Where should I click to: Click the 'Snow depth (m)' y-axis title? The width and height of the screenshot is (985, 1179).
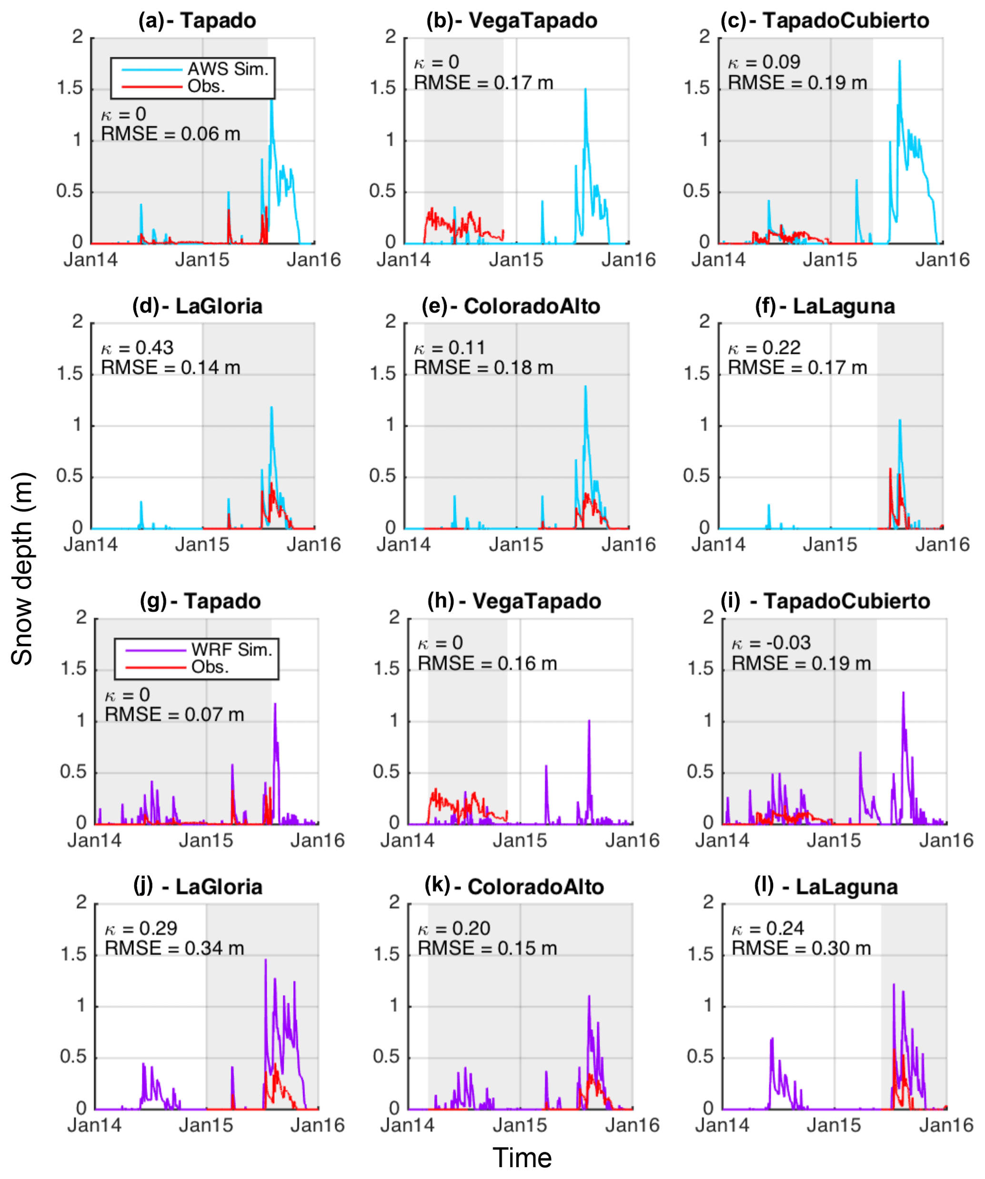coord(22,569)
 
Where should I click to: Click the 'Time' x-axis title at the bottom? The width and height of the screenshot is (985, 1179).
coord(522,1158)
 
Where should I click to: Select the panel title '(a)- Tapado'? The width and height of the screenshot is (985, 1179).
coord(198,21)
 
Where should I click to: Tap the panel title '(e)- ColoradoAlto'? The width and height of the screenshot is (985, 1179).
coord(511,306)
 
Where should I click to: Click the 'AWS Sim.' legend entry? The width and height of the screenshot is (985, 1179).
coord(228,69)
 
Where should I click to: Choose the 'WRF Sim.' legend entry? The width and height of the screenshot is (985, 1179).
coord(231,650)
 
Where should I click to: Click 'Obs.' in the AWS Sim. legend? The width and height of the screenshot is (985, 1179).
coord(206,86)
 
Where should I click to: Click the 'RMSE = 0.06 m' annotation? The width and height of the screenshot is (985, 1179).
coord(171,134)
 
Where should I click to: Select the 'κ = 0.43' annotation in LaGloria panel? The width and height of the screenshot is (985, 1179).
coord(138,347)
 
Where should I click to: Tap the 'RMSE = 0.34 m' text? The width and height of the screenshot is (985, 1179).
coord(174,948)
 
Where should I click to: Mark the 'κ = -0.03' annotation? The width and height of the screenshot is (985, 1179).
coord(771,643)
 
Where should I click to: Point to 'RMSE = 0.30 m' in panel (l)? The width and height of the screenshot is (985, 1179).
coord(801,948)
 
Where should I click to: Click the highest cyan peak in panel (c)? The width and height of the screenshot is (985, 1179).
coord(900,61)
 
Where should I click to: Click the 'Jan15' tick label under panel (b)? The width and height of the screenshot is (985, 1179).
coord(516,260)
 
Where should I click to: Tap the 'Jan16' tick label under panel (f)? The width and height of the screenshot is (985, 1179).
coord(942,545)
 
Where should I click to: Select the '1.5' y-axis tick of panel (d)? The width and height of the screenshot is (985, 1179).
coord(70,374)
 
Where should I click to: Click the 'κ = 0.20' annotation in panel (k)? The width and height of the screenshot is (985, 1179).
coord(454,929)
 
